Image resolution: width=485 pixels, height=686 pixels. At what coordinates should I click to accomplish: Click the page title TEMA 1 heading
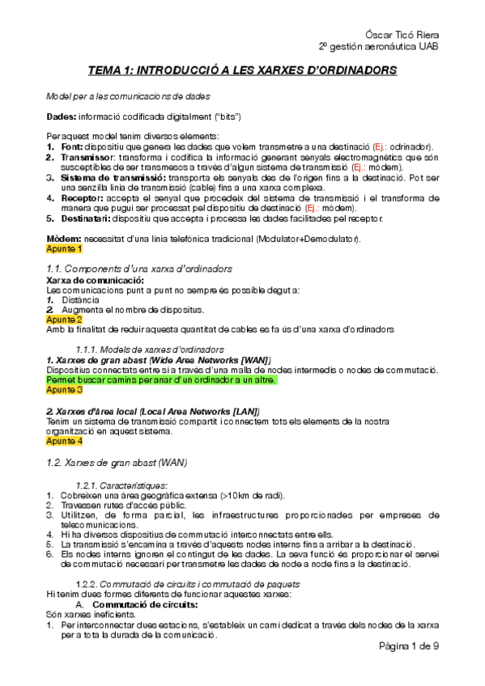(243, 70)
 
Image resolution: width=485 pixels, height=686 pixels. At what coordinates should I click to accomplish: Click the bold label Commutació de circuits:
(146, 605)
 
